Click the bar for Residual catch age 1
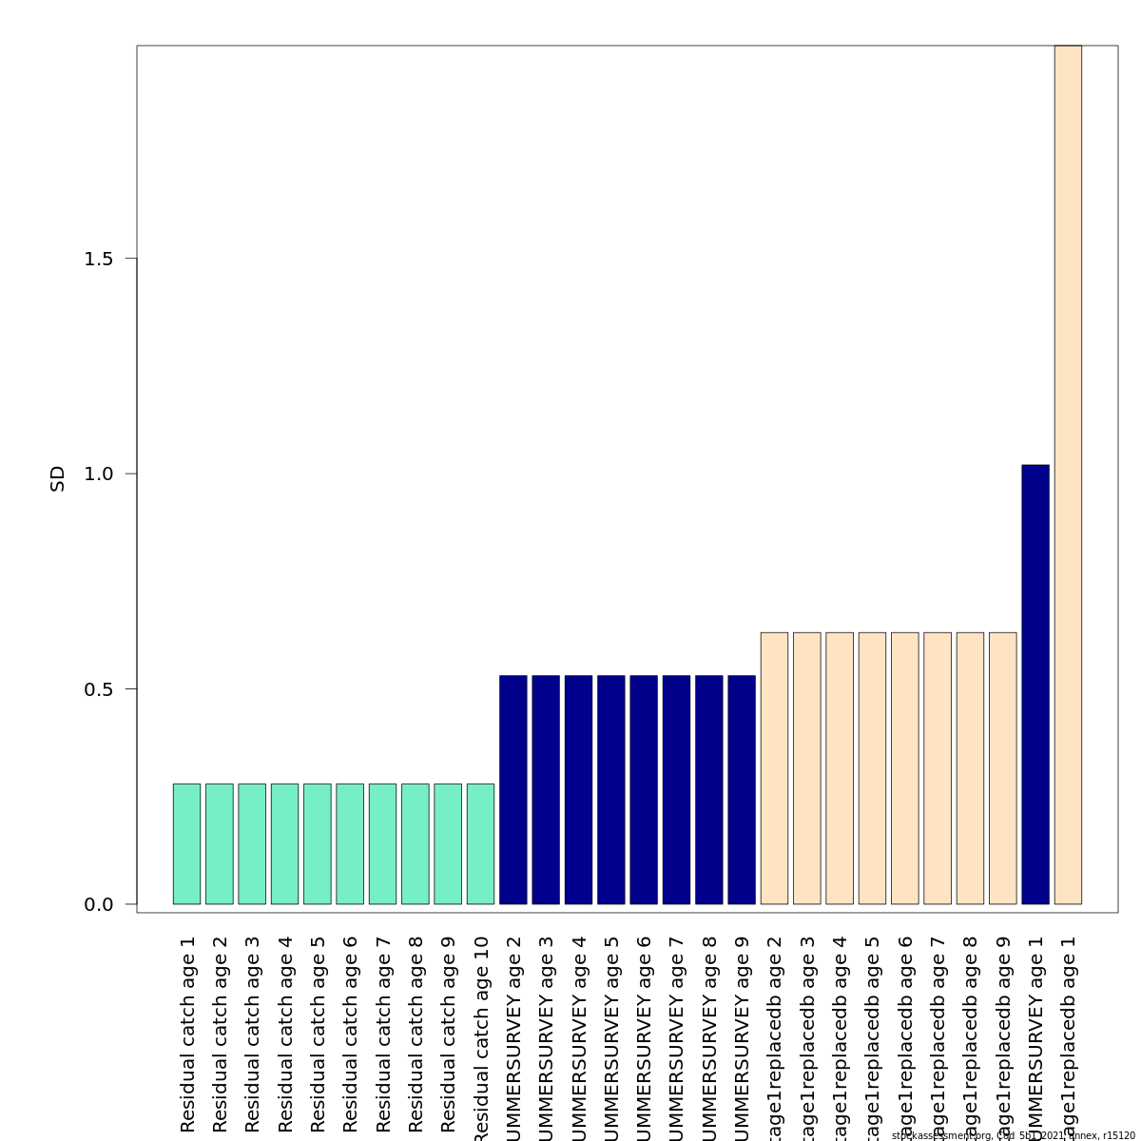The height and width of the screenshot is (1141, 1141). pyautogui.click(x=186, y=843)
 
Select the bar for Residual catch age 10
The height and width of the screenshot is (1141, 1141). pyautogui.click(x=480, y=843)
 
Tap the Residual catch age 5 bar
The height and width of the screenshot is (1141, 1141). pyautogui.click(x=318, y=843)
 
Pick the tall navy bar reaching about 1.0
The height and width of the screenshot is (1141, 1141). pyautogui.click(x=1035, y=685)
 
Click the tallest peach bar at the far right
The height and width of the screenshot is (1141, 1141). pyautogui.click(x=1068, y=475)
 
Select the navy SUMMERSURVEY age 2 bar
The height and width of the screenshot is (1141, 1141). pyautogui.click(x=513, y=789)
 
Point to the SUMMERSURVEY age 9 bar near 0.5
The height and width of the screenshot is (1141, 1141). pyautogui.click(x=742, y=789)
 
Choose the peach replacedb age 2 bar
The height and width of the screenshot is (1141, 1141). pyautogui.click(x=774, y=768)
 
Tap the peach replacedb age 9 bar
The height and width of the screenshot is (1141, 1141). pyautogui.click(x=1003, y=768)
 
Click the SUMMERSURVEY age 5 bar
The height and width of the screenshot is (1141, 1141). pyautogui.click(x=611, y=789)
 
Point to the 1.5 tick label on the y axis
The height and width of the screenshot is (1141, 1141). pyautogui.click(x=98, y=259)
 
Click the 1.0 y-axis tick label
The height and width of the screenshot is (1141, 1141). pyautogui.click(x=98, y=474)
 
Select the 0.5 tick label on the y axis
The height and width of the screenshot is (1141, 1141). pyautogui.click(x=98, y=689)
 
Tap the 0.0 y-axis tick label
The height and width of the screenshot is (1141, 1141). pyautogui.click(x=98, y=904)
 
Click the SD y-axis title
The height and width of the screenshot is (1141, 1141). pyautogui.click(x=58, y=478)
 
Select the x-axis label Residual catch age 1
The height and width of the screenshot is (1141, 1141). pyautogui.click(x=187, y=1035)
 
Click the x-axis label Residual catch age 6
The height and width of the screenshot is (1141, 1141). pyautogui.click(x=351, y=1035)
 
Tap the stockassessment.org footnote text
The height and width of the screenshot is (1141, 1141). pyautogui.click(x=1013, y=1135)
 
